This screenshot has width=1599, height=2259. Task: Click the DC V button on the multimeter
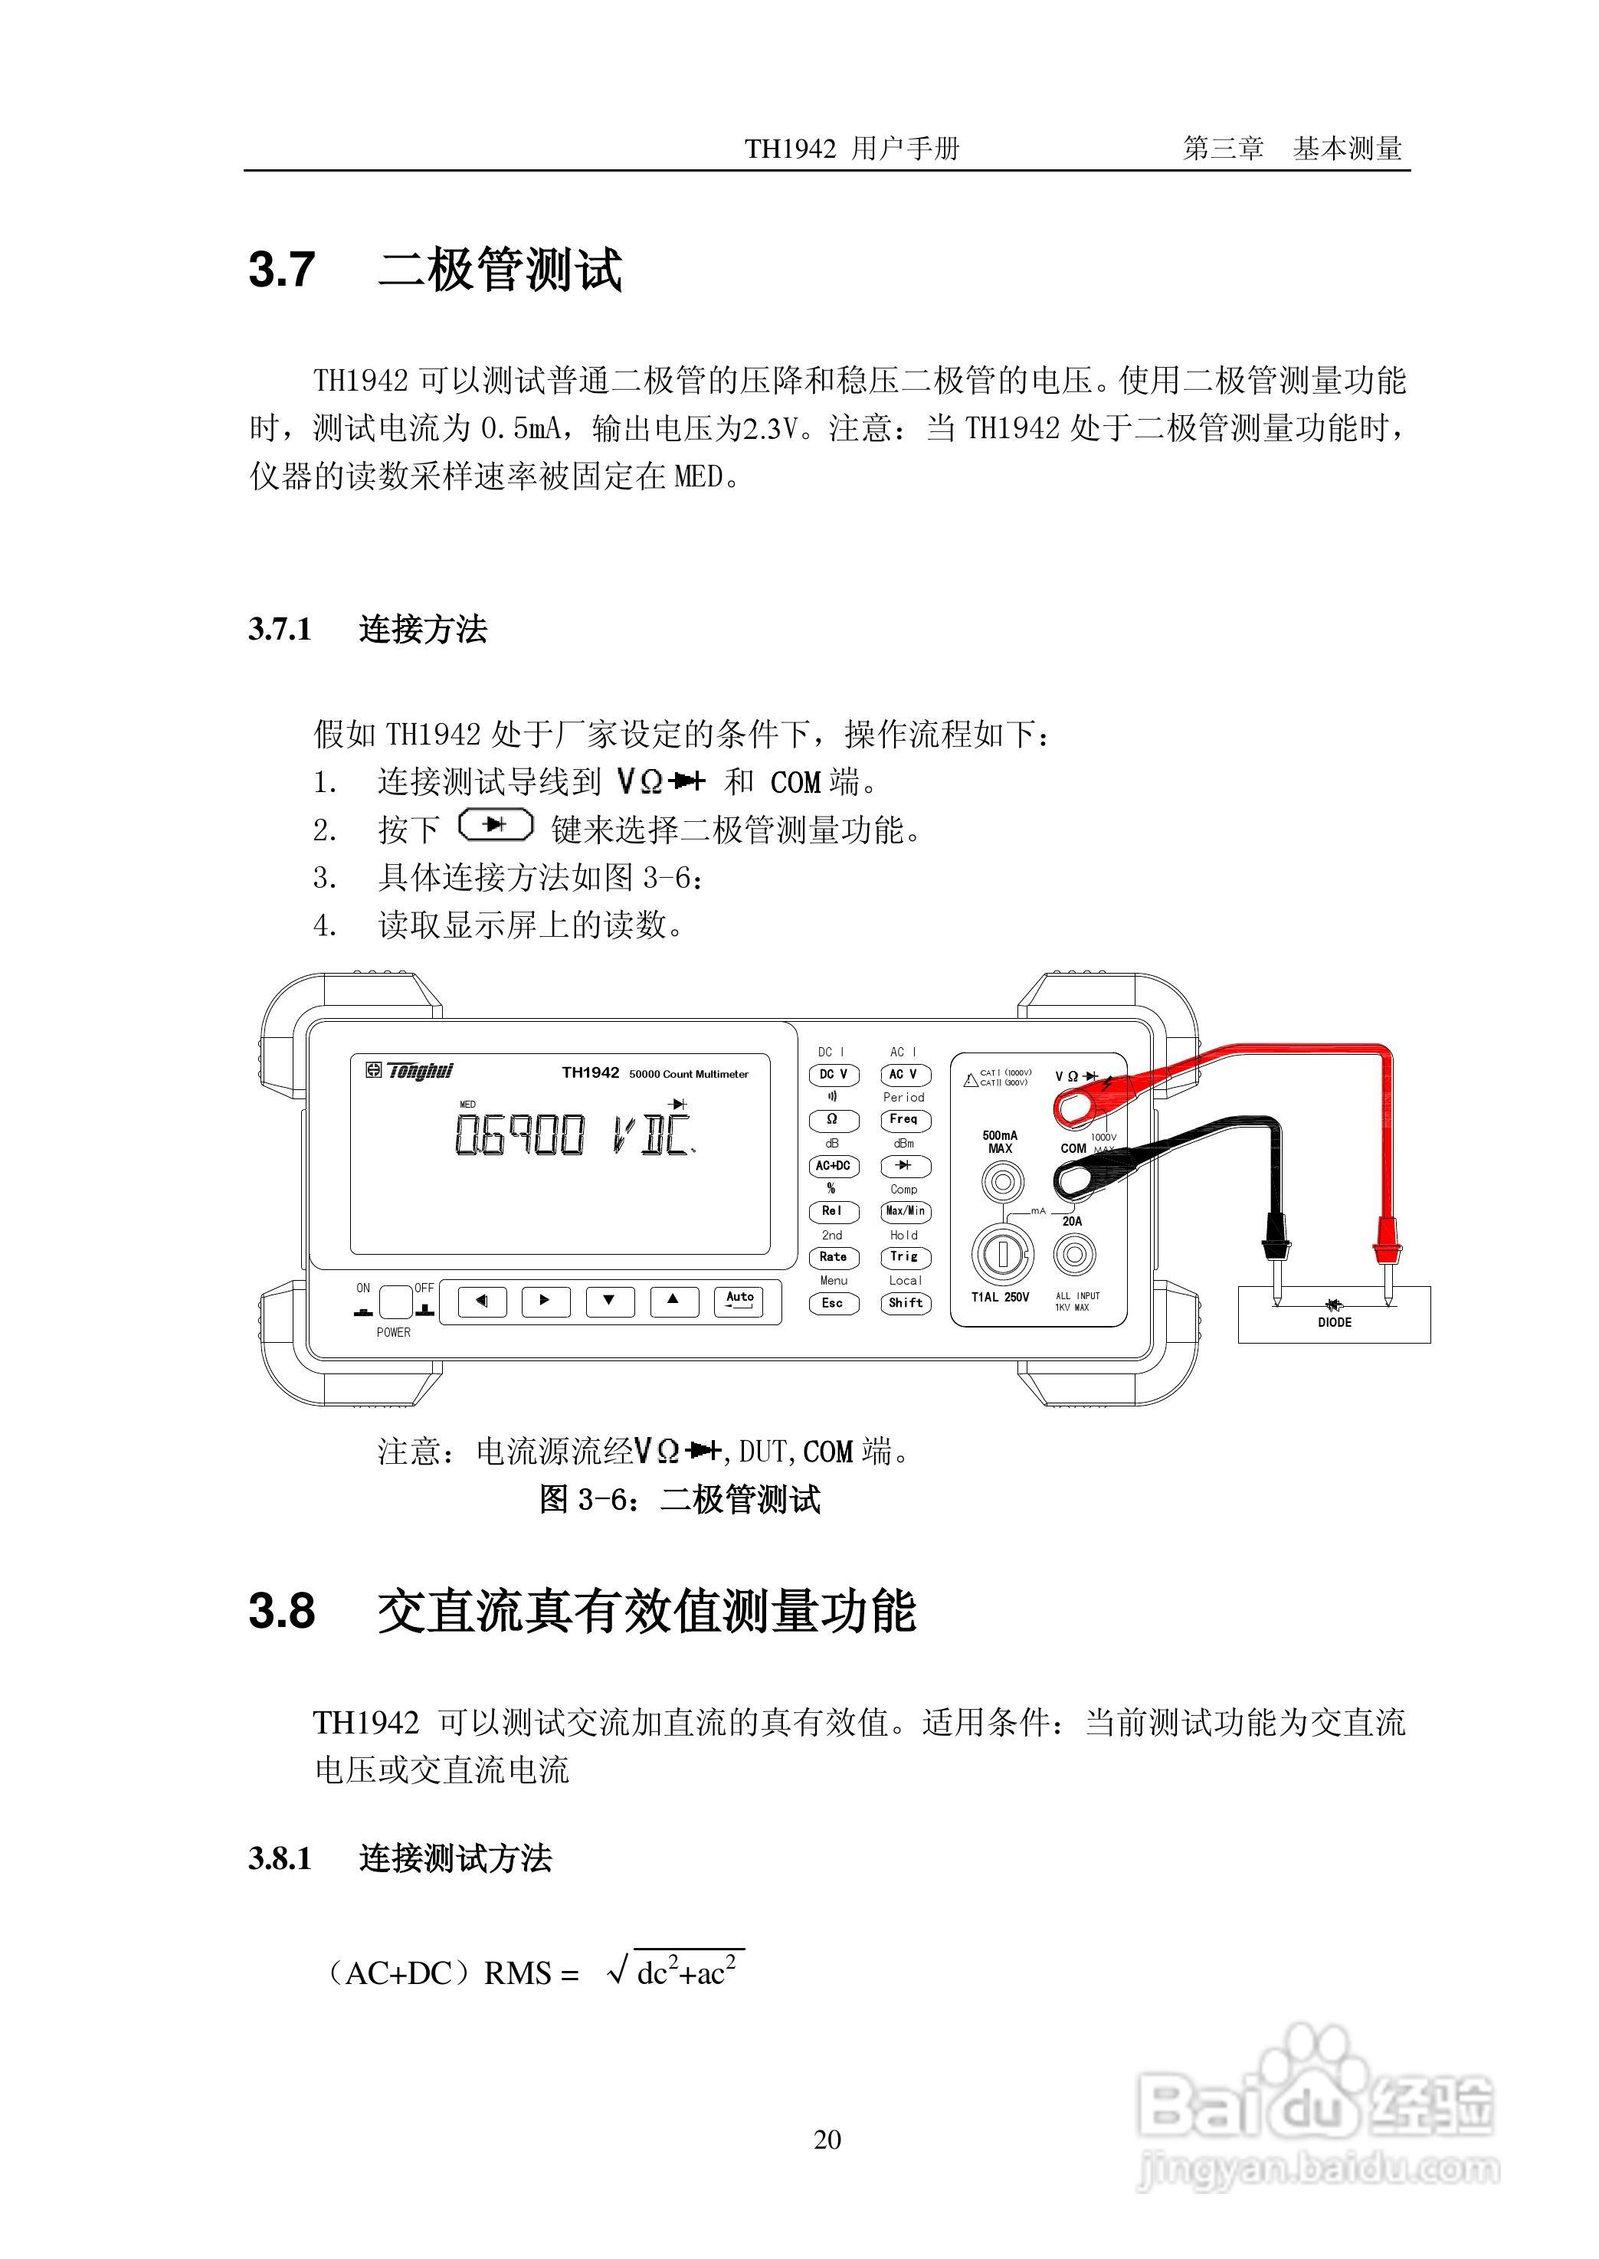[x=833, y=1075]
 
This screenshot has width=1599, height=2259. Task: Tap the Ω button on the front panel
[x=833, y=1120]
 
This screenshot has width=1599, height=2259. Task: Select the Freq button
[x=904, y=1119]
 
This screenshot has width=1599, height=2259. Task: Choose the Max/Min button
[x=905, y=1212]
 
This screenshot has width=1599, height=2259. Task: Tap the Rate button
[x=833, y=1257]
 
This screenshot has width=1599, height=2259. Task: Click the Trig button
[x=905, y=1257]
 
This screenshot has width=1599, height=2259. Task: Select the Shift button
[x=905, y=1303]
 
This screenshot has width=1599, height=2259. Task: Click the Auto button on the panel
[x=739, y=1300]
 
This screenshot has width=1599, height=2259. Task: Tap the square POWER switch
[x=395, y=1302]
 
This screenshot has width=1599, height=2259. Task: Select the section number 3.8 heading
[x=283, y=1610]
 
